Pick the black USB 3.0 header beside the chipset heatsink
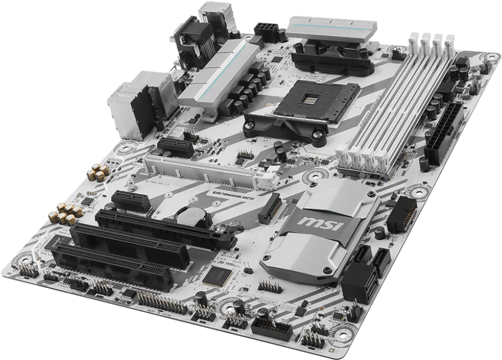click(x=402, y=214)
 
